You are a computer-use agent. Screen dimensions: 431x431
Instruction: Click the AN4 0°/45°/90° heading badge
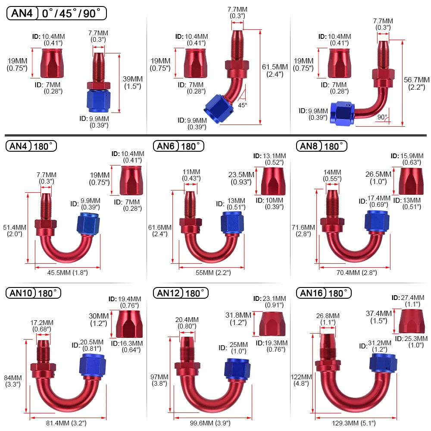(56, 13)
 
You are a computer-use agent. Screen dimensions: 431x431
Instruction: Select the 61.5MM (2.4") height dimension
(275, 71)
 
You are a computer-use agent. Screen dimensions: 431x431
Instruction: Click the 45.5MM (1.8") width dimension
(67, 272)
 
